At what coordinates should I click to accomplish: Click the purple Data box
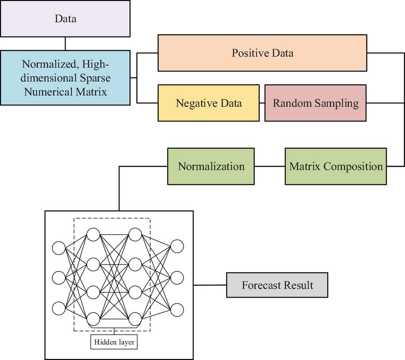[x=65, y=18]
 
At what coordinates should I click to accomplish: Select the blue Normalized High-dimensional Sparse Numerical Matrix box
[x=65, y=78]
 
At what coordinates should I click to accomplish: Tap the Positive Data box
[x=262, y=53]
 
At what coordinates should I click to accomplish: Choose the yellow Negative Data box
[x=208, y=103]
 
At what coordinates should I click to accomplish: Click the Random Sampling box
[x=315, y=103]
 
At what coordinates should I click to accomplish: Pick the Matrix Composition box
[x=336, y=166]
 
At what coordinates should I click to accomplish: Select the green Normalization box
[x=211, y=166]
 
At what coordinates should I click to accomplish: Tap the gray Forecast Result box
[x=277, y=285]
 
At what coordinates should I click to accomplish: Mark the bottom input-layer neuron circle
[x=59, y=308]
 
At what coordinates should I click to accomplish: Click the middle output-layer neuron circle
[x=177, y=278]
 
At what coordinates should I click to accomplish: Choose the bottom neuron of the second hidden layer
[x=135, y=319]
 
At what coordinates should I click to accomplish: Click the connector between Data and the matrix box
[x=65, y=44]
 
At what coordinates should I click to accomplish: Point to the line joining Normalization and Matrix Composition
[x=269, y=166]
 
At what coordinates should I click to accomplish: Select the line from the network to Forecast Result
[x=210, y=285]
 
